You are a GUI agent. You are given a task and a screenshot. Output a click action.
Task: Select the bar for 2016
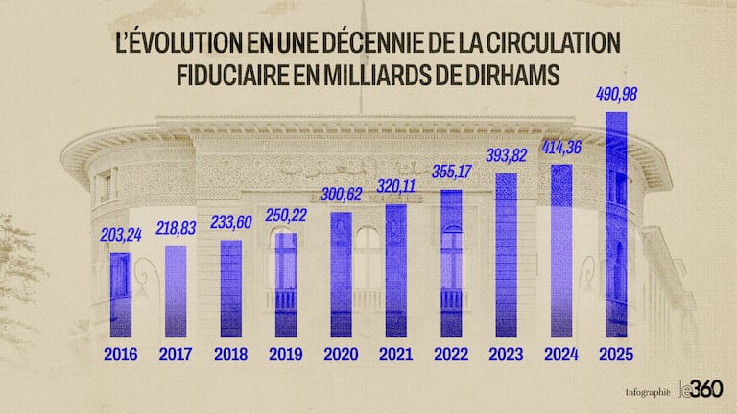[121, 294]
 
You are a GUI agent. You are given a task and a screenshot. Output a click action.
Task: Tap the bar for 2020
[341, 273]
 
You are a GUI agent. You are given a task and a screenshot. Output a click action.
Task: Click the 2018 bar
[231, 287]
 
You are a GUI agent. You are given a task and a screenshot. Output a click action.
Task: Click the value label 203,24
[121, 235]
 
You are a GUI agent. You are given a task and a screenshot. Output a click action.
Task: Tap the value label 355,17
[451, 172]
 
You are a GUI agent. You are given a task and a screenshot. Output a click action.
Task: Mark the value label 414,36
[561, 149]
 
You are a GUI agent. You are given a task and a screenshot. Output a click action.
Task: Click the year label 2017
[177, 355]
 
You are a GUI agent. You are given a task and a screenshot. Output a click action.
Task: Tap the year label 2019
[286, 355]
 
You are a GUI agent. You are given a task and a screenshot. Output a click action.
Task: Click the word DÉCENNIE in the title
[360, 43]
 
